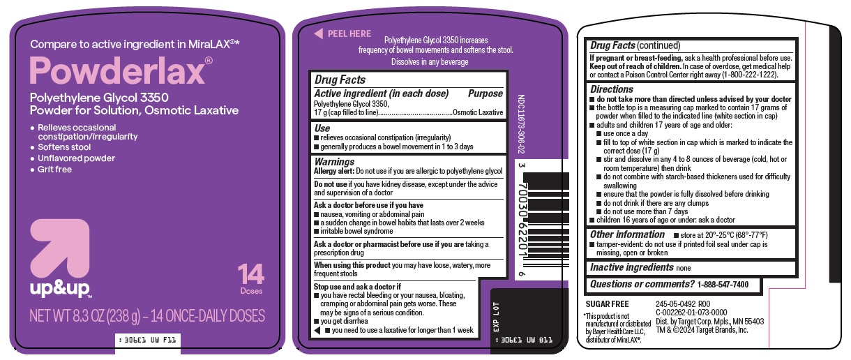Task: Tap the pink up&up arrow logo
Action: [x=60, y=251]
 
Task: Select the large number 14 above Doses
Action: [x=250, y=273]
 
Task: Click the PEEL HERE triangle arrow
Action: [x=318, y=33]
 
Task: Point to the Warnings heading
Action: [x=335, y=161]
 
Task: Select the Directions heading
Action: [x=612, y=89]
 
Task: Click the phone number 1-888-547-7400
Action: [x=723, y=285]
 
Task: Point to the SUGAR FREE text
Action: [x=606, y=304]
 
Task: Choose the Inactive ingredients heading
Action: [x=632, y=267]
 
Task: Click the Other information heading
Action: [x=627, y=234]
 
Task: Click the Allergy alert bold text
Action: [x=335, y=171]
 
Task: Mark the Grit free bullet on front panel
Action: [x=55, y=170]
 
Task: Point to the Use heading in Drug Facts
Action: [x=322, y=128]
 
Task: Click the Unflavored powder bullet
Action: [x=77, y=158]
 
